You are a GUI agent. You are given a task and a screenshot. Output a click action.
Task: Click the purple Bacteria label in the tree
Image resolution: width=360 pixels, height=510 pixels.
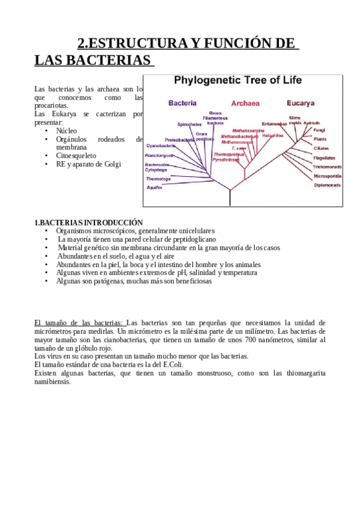tap(182, 103)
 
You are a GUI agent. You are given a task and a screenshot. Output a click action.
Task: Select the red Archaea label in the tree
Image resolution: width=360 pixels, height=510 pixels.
tap(245, 103)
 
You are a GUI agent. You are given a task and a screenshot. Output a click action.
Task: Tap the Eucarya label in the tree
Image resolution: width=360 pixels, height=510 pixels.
tap(301, 103)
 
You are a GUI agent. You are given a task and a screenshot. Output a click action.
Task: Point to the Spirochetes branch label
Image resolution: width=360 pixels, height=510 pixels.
tap(189, 124)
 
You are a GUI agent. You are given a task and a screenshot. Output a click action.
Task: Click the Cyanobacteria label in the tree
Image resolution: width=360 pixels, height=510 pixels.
tap(161, 146)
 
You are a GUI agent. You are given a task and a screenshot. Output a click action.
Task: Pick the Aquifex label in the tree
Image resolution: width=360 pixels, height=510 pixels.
tap(154, 188)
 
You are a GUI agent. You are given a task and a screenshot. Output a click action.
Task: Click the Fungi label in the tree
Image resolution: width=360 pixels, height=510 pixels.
tap(319, 130)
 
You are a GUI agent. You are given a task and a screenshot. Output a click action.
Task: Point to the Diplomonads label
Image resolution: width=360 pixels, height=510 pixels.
tap(327, 185)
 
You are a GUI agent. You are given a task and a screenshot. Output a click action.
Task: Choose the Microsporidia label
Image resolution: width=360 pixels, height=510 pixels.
tap(328, 176)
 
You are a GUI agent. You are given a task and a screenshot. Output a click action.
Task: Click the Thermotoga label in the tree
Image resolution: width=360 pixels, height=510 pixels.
tap(158, 179)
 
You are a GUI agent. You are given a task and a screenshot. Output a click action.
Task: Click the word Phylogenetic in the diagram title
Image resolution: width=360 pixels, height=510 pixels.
tap(201, 80)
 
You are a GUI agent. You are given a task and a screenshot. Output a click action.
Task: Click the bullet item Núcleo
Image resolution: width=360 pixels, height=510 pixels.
tap(66, 131)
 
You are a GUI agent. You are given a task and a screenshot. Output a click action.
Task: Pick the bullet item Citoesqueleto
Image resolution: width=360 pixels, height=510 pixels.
tap(76, 155)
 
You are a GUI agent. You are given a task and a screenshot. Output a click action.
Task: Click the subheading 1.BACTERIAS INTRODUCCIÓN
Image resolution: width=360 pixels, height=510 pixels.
tap(88, 223)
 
